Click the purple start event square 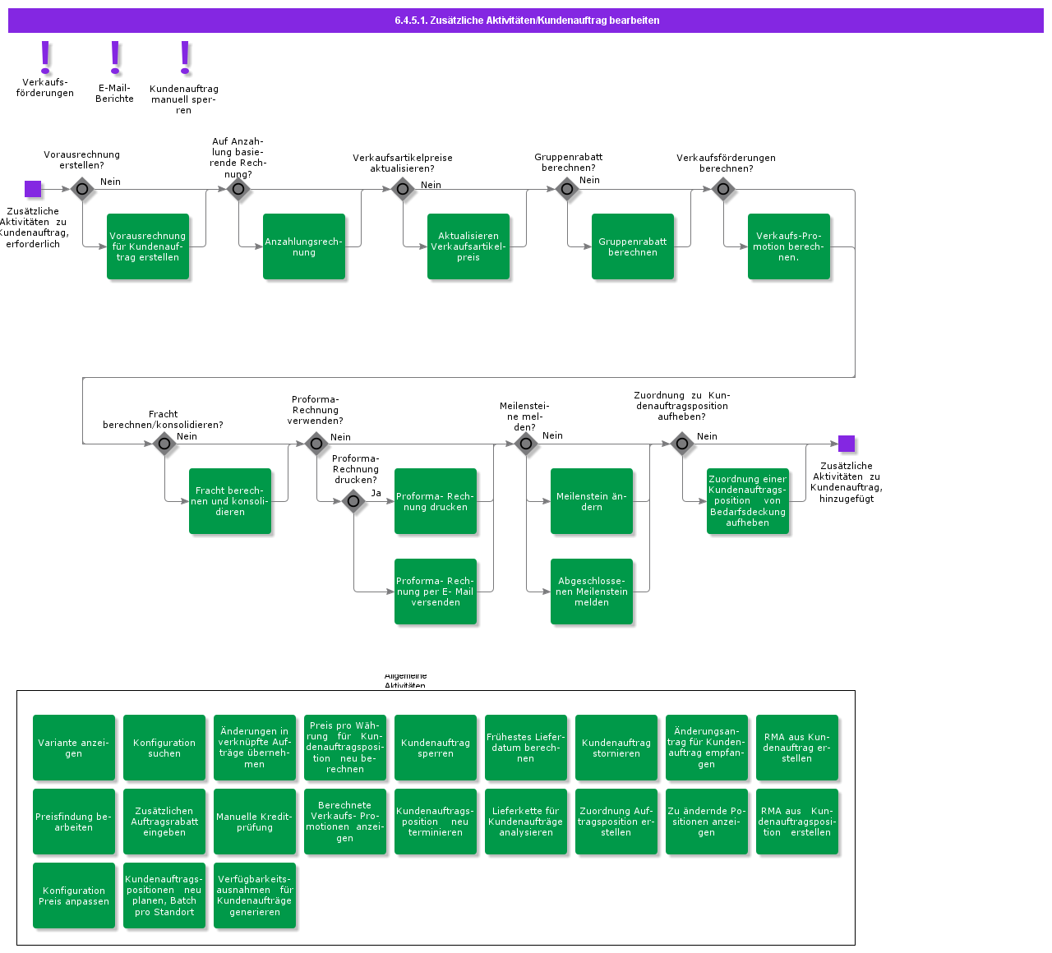point(33,189)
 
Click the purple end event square point(847,444)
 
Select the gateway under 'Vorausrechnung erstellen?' point(82,189)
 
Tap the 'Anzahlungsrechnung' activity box point(304,246)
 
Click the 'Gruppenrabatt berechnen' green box point(633,246)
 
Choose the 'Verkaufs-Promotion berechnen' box point(789,246)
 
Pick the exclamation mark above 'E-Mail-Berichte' point(115,58)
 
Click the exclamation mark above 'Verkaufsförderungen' point(46,58)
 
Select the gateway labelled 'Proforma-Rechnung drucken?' point(353,501)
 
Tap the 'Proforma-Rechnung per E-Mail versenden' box point(436,592)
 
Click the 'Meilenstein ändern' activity point(592,501)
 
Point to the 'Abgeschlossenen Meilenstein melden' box point(592,592)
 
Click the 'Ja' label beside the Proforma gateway point(376,493)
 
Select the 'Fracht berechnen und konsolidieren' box point(230,501)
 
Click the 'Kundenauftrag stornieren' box point(616,748)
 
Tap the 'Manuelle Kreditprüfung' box point(255,822)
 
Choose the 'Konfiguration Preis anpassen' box point(74,895)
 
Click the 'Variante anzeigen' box point(74,748)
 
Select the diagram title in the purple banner point(527,21)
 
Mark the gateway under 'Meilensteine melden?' point(526,444)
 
